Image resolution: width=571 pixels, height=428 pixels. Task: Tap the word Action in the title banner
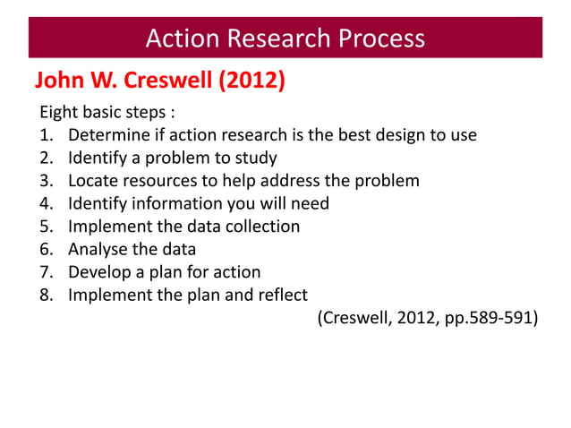[x=183, y=39]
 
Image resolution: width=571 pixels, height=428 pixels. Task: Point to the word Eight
[x=57, y=114]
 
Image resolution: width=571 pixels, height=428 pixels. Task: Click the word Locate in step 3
[x=94, y=181]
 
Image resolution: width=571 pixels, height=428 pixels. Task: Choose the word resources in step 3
[x=163, y=181]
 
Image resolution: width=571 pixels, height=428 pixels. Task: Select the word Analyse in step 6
[x=98, y=249]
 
